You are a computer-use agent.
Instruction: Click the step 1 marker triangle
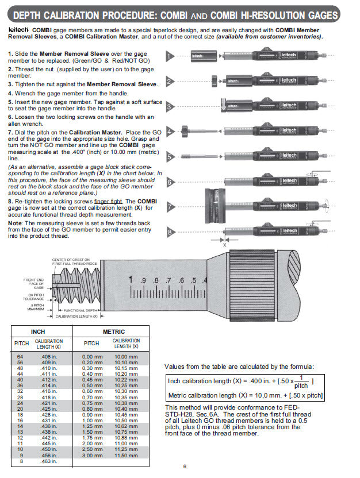pyautogui.click(x=170, y=56)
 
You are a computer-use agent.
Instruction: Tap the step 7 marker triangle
pyautogui.click(x=170, y=207)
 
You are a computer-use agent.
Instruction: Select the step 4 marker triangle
pyautogui.click(x=170, y=132)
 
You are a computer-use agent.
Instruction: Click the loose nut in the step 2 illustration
pyautogui.click(x=213, y=81)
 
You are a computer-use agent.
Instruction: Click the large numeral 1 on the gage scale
pyautogui.click(x=132, y=280)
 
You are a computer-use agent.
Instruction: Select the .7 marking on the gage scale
pyautogui.click(x=168, y=280)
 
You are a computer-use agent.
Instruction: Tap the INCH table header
pyautogui.click(x=38, y=331)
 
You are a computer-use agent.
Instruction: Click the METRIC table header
pyautogui.click(x=113, y=331)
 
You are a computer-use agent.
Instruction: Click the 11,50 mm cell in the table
pyautogui.click(x=126, y=455)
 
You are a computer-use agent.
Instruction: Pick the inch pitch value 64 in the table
pyautogui.click(x=20, y=356)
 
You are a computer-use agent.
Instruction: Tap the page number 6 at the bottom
pyautogui.click(x=185, y=467)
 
